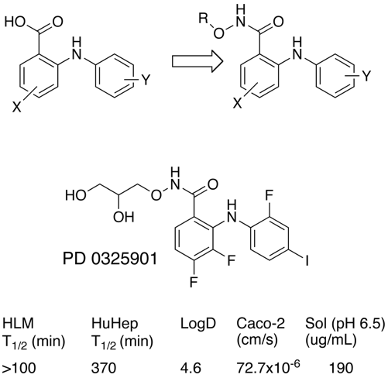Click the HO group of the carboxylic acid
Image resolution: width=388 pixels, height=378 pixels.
pyautogui.click(x=15, y=22)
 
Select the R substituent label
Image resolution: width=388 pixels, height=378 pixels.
pyautogui.click(x=204, y=19)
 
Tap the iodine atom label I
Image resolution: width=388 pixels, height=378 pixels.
pyautogui.click(x=307, y=261)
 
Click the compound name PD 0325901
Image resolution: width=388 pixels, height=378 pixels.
pyautogui.click(x=110, y=259)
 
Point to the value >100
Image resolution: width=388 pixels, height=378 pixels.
pyautogui.click(x=19, y=368)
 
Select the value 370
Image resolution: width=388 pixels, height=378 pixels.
pyautogui.click(x=104, y=368)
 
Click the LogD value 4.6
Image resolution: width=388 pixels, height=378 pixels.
pyautogui.click(x=191, y=368)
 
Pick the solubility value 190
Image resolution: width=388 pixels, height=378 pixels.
pyautogui.click(x=341, y=368)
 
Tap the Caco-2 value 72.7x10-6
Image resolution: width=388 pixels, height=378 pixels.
pyautogui.click(x=268, y=366)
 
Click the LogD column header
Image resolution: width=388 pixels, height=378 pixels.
pyautogui.click(x=198, y=324)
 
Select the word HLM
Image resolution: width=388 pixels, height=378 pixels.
pyautogui.click(x=18, y=324)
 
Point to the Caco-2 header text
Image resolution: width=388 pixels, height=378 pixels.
pyautogui.click(x=261, y=324)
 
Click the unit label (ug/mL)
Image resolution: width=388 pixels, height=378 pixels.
pyautogui.click(x=331, y=341)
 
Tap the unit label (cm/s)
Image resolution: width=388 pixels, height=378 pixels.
pyautogui.click(x=257, y=341)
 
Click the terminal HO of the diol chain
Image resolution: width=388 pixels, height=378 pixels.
pyautogui.click(x=75, y=195)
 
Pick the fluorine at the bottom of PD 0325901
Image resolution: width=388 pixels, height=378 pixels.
pyautogui.click(x=194, y=282)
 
